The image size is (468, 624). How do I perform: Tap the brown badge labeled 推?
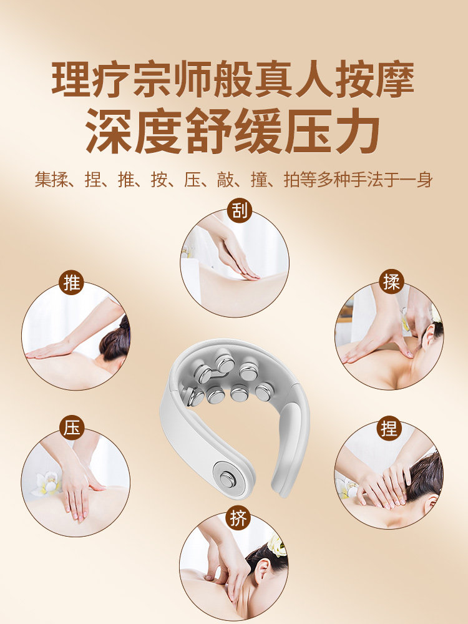click(72, 283)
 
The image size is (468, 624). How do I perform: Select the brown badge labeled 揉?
click(392, 282)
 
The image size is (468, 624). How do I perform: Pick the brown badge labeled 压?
click(72, 429)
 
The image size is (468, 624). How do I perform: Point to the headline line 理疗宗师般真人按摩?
click(233, 79)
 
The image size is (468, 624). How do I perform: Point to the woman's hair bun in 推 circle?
click(119, 340)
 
